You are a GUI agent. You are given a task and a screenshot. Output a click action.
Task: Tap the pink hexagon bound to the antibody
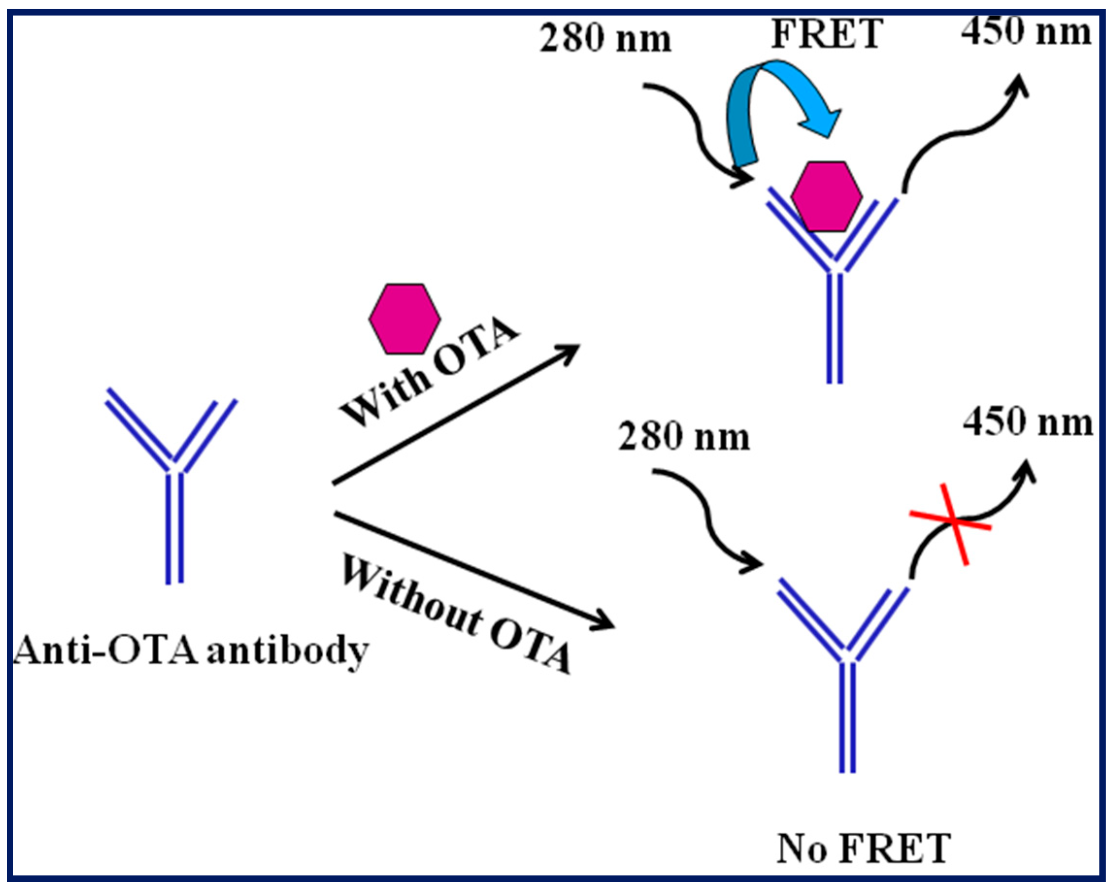pos(826,197)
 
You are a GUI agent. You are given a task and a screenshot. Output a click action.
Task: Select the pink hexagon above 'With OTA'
pos(405,319)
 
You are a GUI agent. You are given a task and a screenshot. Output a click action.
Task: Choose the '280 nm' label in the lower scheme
pos(683,438)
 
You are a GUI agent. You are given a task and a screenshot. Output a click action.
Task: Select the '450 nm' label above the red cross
pos(1028,423)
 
